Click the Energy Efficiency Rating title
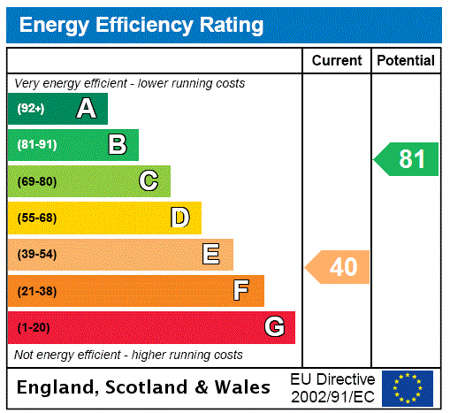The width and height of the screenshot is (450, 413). coord(141,25)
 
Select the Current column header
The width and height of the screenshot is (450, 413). coord(337,61)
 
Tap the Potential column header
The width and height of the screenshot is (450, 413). coord(406,61)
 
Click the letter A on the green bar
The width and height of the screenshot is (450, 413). coord(86,109)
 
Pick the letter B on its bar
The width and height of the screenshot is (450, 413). coord(117,145)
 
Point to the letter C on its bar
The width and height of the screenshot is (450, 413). coord(149,181)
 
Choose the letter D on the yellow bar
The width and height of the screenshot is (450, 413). coord(179,218)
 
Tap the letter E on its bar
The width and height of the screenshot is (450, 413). coord(211,255)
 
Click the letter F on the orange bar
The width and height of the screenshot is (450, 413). coord(241,290)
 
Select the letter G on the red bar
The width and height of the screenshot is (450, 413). coord(274,327)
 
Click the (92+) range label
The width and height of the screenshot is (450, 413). coord(31,109)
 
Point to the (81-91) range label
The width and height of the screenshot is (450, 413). coord(36,145)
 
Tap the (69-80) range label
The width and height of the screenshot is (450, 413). coord(36,181)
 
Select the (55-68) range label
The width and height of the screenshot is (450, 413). coord(36,218)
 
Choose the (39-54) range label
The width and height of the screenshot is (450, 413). coord(36,255)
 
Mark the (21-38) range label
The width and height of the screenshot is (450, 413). coord(36,291)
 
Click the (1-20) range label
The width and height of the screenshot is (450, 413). coord(34,327)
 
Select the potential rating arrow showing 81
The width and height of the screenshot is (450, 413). coord(408,159)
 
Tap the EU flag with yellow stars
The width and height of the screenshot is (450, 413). coord(408,387)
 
